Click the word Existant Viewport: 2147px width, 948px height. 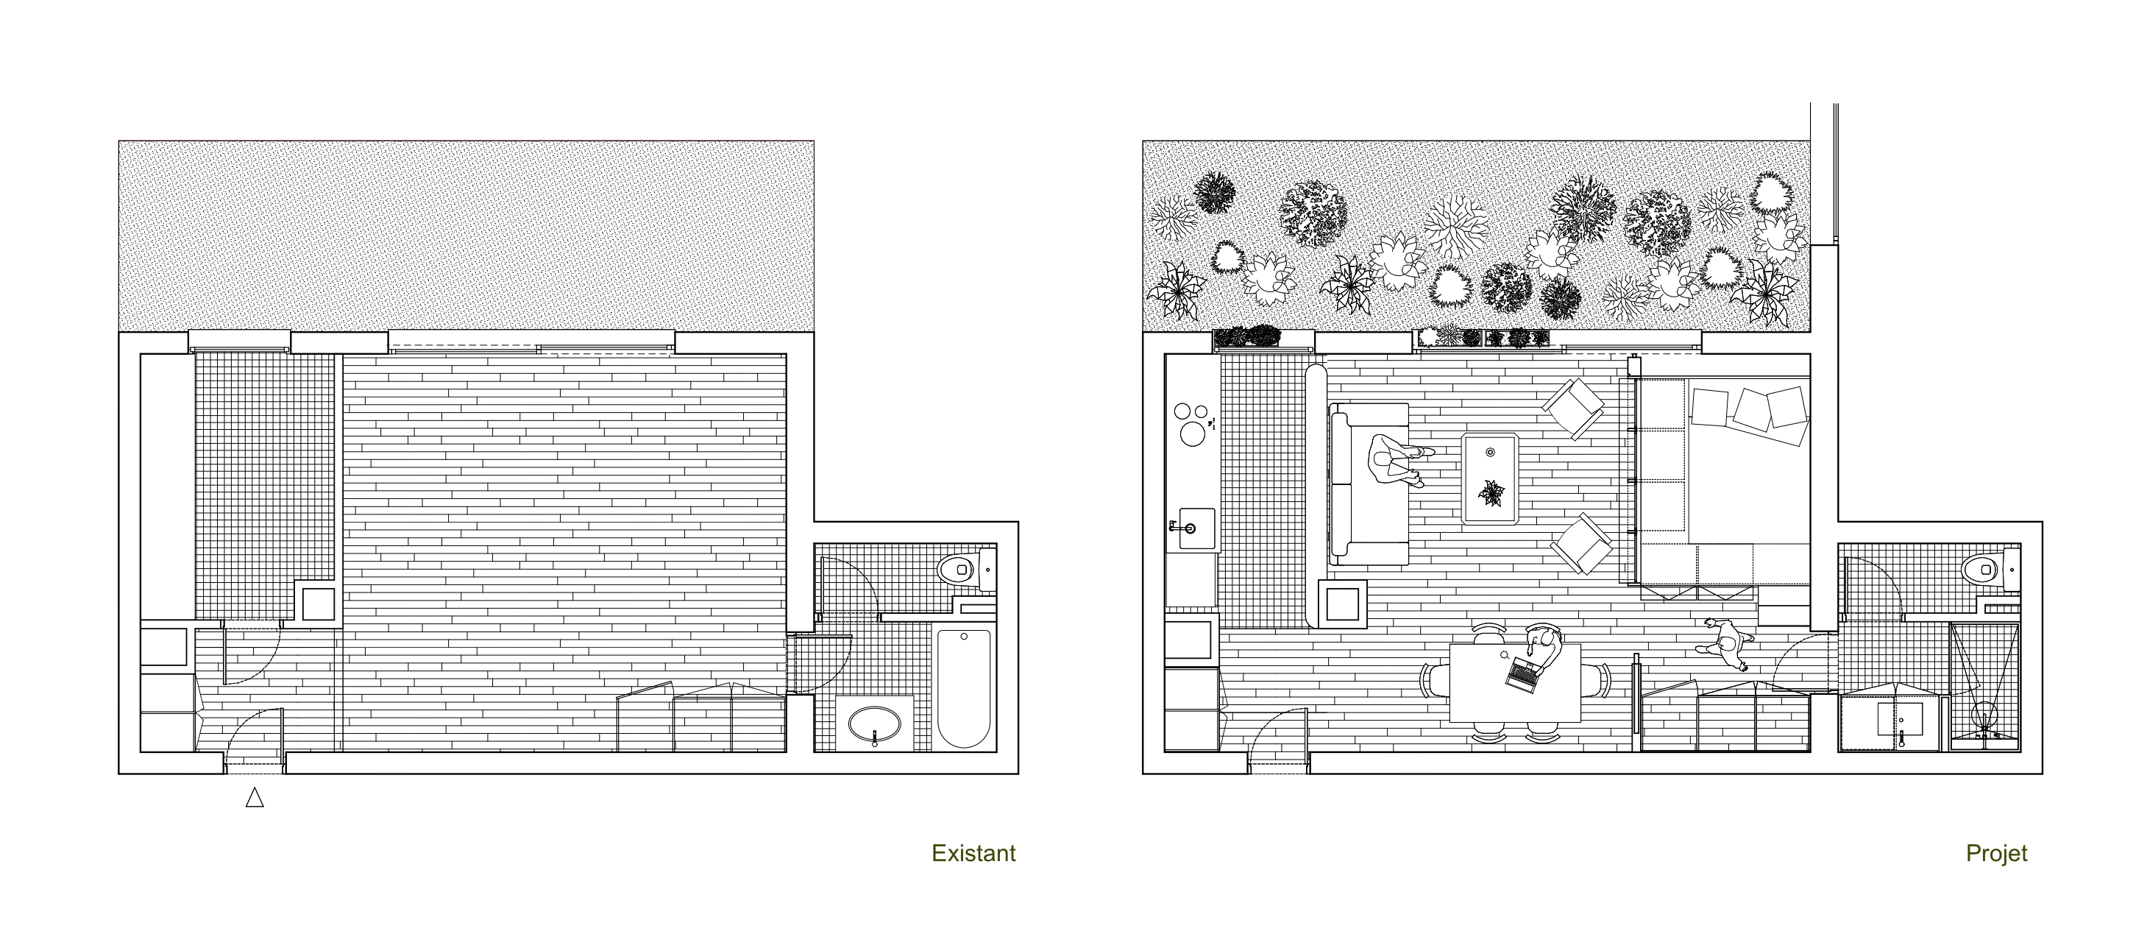[x=973, y=853]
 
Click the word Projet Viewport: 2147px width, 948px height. [x=1996, y=854]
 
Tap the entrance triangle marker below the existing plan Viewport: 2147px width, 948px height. [x=255, y=798]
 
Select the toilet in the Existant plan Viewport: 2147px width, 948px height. [x=967, y=570]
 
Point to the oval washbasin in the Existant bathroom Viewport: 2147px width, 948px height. [x=874, y=724]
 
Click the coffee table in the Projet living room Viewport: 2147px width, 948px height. [x=1490, y=478]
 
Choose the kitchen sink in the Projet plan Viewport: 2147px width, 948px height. [x=1196, y=528]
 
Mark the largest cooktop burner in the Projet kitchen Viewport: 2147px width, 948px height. [x=1193, y=434]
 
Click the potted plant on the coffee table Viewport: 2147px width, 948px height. [x=1491, y=492]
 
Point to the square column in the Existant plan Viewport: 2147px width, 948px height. [x=318, y=604]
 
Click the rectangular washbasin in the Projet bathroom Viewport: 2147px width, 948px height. [x=1900, y=718]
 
